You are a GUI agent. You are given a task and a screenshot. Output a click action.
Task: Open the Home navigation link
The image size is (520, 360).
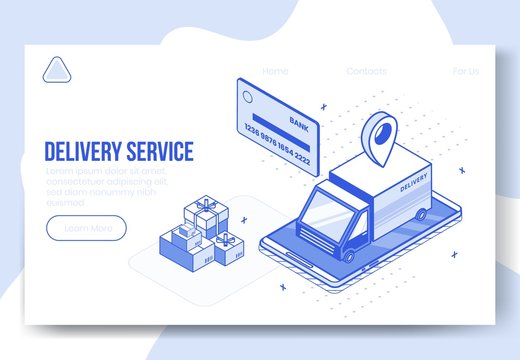[x=275, y=71]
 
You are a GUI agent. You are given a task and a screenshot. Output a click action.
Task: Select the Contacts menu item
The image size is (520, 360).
[x=366, y=71]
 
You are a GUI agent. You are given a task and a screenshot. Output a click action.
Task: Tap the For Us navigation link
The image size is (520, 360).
[x=466, y=71]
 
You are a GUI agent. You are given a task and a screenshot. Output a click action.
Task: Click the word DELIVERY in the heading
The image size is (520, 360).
[x=81, y=152]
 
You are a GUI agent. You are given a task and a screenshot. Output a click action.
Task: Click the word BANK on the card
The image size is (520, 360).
[x=298, y=122]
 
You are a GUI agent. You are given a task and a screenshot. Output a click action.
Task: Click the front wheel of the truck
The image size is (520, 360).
[x=348, y=255]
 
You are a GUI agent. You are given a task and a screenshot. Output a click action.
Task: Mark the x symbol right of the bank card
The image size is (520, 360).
[x=323, y=104]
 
